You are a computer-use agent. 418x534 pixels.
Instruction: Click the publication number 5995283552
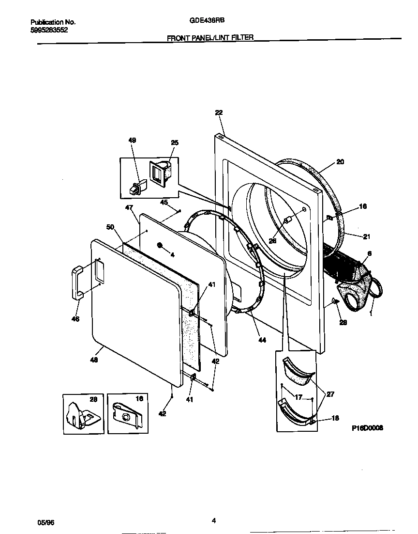coord(49,30)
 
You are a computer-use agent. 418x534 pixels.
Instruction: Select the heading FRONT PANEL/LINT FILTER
coord(210,37)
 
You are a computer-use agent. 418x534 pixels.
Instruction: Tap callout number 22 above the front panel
coord(219,112)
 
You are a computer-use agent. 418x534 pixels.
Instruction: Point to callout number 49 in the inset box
coord(132,140)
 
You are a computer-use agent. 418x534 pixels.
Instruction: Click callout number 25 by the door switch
coord(175,142)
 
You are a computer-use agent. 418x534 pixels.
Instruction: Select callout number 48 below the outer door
coord(95,360)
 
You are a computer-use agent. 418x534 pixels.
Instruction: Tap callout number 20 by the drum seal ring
coord(340,162)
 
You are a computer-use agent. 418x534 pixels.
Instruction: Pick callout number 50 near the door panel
coord(110,227)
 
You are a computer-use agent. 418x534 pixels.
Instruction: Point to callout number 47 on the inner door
coord(129,207)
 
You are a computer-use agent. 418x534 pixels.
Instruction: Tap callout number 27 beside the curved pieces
coord(331,394)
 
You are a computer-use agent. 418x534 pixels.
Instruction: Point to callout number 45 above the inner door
coord(164,203)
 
